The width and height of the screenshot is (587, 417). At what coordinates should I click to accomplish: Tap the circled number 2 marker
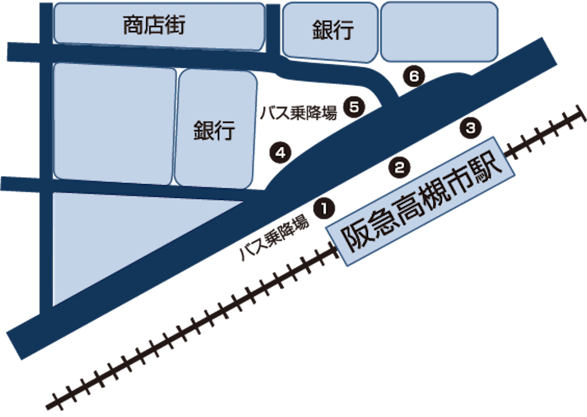(x=399, y=167)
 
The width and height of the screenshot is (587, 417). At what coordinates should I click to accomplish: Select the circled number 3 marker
(x=470, y=128)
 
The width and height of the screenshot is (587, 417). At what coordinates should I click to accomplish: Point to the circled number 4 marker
(x=280, y=153)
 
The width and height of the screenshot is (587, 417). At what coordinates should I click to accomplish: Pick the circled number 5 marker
(x=354, y=107)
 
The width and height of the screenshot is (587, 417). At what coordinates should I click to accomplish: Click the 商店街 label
(x=154, y=26)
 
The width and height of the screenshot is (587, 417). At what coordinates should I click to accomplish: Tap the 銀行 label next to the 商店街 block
(x=333, y=30)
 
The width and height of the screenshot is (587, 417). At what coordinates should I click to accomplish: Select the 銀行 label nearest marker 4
(x=214, y=130)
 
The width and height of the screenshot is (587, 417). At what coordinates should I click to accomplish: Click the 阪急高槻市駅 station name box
(x=418, y=201)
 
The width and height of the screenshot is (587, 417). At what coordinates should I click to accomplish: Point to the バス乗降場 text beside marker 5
(x=298, y=111)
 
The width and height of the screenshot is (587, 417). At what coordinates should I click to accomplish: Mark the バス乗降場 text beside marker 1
(x=275, y=237)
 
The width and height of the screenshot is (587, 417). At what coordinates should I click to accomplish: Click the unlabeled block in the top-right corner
(x=439, y=32)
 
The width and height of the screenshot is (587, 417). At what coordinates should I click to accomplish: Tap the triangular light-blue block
(x=115, y=241)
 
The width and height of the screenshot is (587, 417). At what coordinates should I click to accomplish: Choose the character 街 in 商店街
(x=174, y=26)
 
